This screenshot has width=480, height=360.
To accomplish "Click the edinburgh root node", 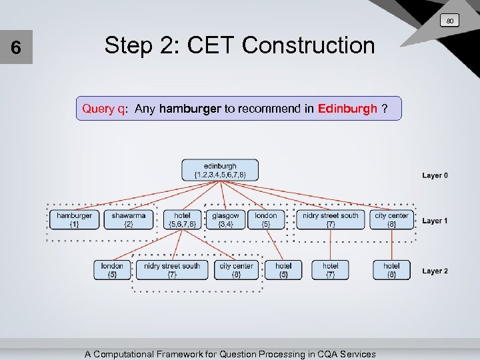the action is [220, 170].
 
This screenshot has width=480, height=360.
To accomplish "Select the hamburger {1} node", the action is [74, 219].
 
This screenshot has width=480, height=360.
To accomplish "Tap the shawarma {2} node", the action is [128, 219].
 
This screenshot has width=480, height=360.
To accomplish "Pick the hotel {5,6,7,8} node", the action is [182, 219].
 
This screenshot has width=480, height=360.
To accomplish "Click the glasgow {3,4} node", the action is [225, 219].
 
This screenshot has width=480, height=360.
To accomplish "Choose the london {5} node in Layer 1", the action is [266, 219].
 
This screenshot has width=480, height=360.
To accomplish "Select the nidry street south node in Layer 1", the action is [331, 219].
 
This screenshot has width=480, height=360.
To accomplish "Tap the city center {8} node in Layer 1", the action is [391, 219].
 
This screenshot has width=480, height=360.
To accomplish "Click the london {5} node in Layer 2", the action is [112, 269].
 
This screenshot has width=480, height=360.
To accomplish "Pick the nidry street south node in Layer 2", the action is [172, 269].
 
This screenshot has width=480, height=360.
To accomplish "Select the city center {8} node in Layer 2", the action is [236, 269].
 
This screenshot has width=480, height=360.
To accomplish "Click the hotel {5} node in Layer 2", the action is [283, 269].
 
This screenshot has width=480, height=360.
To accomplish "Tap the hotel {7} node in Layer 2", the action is [330, 269].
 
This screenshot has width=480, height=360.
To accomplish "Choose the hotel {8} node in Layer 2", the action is [391, 269].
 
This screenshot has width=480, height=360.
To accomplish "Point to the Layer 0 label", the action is [435, 175].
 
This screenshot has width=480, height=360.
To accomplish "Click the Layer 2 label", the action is [435, 271].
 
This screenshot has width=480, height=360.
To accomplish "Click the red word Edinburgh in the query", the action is [347, 109].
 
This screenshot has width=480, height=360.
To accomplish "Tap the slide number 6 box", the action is [17, 49].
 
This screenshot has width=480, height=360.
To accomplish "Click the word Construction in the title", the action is [309, 45].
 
